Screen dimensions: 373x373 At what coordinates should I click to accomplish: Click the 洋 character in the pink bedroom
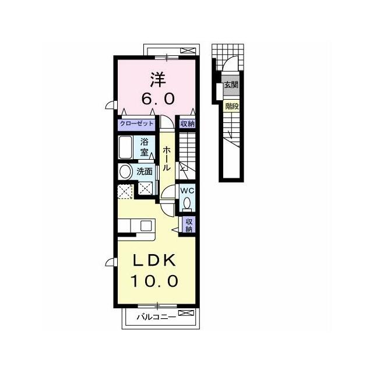[x=158, y=80]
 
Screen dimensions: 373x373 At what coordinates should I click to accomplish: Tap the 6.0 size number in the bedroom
[x=158, y=98]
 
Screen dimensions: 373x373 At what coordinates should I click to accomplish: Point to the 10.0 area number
[x=154, y=281]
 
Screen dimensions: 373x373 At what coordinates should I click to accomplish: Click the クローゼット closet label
[x=136, y=124]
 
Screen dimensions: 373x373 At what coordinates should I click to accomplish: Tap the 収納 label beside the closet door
[x=188, y=124]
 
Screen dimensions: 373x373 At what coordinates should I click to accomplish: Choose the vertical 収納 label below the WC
[x=189, y=226]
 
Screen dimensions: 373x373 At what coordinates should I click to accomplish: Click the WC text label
[x=188, y=191]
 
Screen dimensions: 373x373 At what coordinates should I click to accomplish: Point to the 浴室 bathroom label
[x=144, y=147]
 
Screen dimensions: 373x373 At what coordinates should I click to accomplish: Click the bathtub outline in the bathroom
[x=125, y=147]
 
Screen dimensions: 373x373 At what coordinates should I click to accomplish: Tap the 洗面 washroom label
[x=145, y=171]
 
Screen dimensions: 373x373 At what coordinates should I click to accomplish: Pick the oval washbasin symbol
[x=126, y=172]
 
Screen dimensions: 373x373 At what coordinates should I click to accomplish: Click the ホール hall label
[x=167, y=159]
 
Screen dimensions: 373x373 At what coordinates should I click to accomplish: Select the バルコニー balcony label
[x=156, y=317]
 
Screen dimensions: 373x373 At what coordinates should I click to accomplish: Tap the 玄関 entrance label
[x=231, y=85]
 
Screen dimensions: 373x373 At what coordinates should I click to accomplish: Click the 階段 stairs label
[x=232, y=106]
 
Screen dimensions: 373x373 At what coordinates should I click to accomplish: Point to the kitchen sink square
[x=146, y=226]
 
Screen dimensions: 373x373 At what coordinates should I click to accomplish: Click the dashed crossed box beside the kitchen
[x=125, y=192]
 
